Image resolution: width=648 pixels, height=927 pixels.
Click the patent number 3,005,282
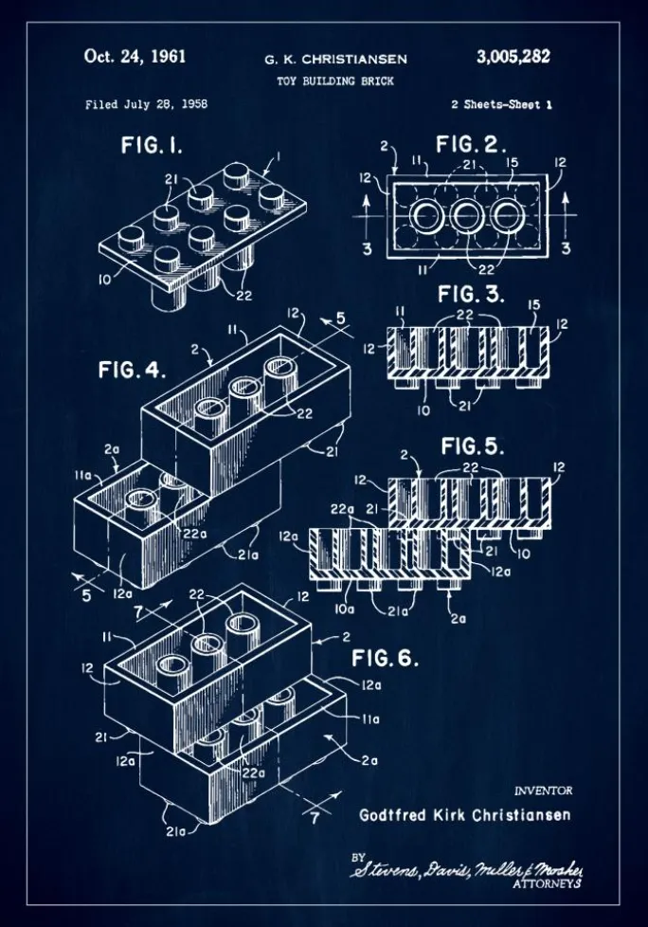(x=513, y=57)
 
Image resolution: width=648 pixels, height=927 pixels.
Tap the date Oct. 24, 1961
(x=135, y=56)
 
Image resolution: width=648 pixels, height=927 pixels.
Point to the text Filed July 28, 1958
(x=146, y=104)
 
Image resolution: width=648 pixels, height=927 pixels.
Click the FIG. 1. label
(x=152, y=146)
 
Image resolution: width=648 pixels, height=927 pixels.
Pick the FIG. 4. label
(x=132, y=370)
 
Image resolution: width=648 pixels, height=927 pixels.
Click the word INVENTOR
(x=543, y=791)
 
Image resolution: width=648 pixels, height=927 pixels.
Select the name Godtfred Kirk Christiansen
(x=465, y=814)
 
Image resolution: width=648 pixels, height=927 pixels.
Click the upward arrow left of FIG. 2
(x=366, y=206)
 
